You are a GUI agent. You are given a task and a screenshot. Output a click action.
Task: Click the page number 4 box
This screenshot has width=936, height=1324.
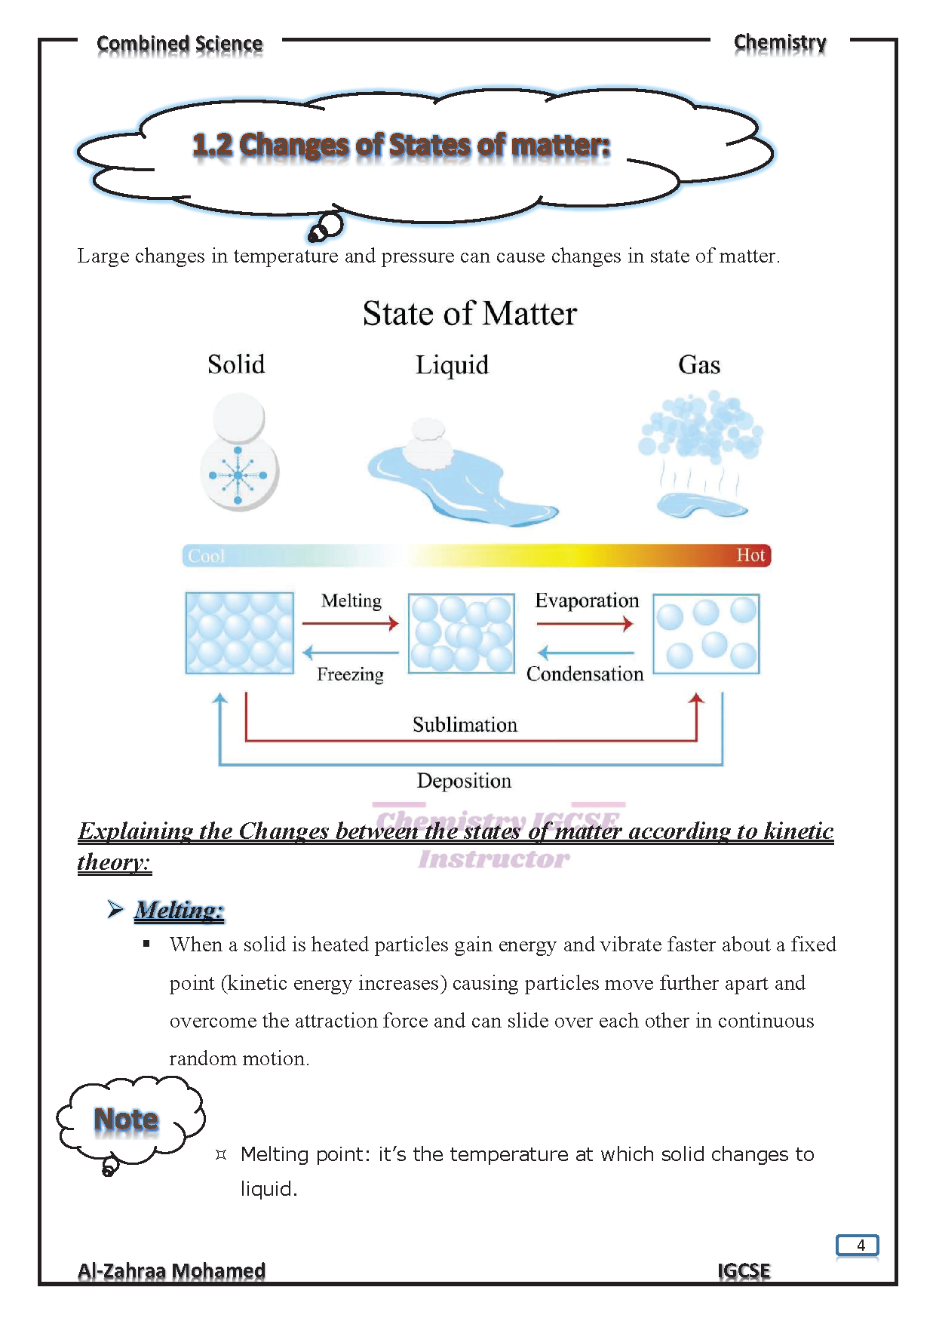[858, 1245]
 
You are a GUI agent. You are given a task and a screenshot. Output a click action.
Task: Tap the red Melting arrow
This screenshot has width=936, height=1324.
[350, 623]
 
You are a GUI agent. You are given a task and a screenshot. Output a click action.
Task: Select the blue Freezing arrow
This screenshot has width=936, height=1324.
[350, 653]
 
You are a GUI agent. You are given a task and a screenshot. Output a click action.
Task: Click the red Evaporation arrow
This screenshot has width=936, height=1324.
[585, 624]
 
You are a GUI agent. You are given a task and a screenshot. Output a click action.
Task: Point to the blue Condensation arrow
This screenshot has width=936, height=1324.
[585, 653]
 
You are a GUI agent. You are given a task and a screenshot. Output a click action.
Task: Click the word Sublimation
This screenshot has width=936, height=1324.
[465, 725]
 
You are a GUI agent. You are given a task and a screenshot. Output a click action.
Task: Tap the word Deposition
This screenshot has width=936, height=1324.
[464, 781]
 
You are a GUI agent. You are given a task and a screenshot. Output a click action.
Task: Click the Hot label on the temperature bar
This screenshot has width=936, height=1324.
[750, 555]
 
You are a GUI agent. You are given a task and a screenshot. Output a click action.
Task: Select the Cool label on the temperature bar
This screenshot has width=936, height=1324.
[207, 556]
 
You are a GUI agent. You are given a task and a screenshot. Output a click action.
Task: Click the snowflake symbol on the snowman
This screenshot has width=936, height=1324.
[238, 475]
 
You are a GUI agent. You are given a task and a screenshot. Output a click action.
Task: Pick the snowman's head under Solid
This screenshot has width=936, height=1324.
[239, 417]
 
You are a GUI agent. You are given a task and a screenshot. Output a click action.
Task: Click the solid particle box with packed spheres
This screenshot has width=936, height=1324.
[240, 633]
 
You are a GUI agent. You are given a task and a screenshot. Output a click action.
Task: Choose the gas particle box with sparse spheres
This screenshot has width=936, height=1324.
[706, 634]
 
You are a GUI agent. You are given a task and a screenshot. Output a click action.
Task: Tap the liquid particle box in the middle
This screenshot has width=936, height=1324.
[462, 633]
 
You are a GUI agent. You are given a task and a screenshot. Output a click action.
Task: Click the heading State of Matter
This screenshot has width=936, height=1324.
[469, 314]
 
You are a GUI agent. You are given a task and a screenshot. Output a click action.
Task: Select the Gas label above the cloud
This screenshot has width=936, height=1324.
[699, 365]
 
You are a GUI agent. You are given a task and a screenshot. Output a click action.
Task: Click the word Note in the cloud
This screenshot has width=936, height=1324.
[126, 1120]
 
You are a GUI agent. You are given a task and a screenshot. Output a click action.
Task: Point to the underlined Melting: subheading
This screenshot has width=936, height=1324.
[179, 910]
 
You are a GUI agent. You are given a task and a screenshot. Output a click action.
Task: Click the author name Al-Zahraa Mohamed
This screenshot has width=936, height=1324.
[171, 1271]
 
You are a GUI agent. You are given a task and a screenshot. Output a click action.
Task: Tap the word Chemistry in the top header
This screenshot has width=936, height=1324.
[780, 43]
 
